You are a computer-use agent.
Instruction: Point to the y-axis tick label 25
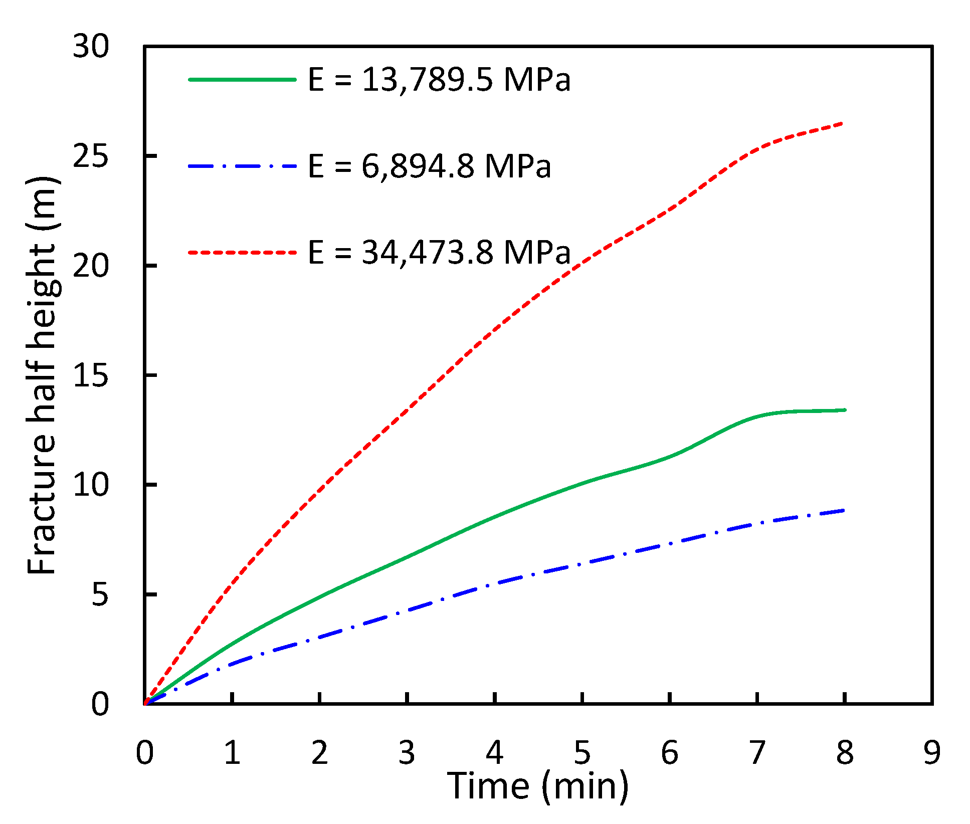click(91, 156)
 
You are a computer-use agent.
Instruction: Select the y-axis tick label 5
click(100, 594)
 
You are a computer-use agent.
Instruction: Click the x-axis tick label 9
click(932, 753)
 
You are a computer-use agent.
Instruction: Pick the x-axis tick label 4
click(495, 753)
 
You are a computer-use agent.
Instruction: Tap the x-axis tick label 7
click(757, 753)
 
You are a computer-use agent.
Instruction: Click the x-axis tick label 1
click(232, 753)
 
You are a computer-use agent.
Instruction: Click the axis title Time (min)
click(537, 786)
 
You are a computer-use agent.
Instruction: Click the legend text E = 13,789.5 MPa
click(439, 80)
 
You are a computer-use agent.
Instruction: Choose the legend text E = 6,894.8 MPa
click(429, 166)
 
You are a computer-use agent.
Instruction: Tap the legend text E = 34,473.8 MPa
click(439, 252)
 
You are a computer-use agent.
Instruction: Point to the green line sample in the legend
click(243, 80)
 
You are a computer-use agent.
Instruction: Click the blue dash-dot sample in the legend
click(243, 165)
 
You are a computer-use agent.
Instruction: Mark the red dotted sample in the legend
click(243, 252)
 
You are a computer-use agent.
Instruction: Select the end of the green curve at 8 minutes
click(844, 410)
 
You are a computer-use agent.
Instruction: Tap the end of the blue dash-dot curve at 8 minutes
click(844, 511)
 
